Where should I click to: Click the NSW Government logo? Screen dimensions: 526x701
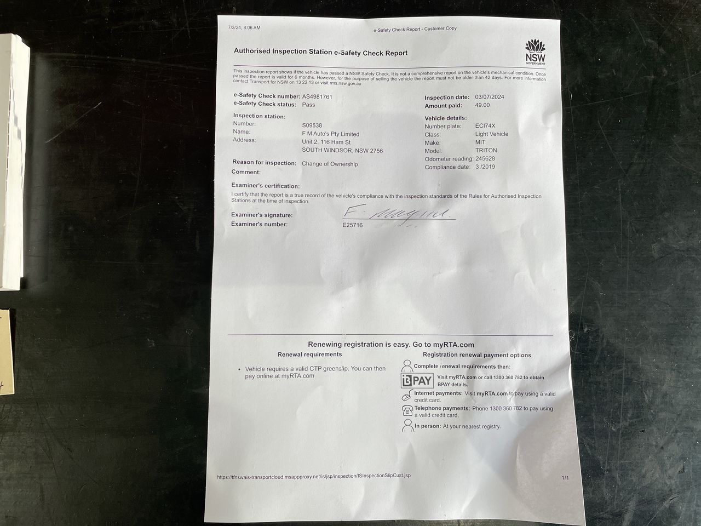pos(535,52)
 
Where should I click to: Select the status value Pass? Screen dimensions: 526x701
pos(308,105)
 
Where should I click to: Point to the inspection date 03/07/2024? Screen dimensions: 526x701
pos(490,97)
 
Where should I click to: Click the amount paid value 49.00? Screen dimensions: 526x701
pos(482,105)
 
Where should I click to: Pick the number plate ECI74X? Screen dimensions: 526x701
pos(485,125)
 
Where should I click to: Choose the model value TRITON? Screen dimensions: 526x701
pos(486,150)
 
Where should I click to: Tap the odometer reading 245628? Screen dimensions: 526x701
pos(485,158)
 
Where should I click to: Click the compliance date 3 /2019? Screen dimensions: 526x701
pos(485,167)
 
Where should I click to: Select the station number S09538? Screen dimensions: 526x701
pos(312,125)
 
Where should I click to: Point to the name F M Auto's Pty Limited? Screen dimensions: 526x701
pos(331,134)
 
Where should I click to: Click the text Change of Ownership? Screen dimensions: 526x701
pos(330,164)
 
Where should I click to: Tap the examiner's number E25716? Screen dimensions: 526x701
pos(353,225)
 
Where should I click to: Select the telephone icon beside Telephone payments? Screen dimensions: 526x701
pos(407,410)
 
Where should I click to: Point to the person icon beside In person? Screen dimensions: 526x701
pos(407,426)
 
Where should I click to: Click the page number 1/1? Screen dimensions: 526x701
pos(565,478)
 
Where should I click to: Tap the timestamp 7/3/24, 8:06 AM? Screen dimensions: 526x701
pos(244,27)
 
